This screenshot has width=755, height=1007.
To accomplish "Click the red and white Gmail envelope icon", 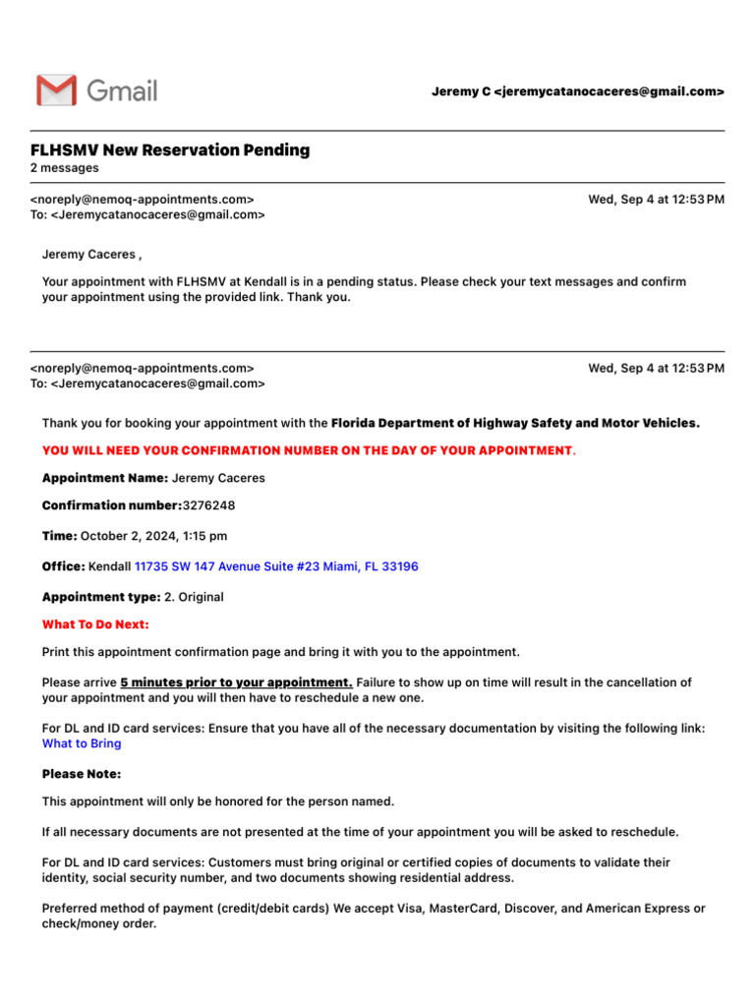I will [x=56, y=90].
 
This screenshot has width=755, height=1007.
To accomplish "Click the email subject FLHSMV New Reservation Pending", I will [x=170, y=150].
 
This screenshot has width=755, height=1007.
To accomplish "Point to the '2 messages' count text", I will [x=65, y=168].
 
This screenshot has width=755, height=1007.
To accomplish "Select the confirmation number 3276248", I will [x=208, y=505].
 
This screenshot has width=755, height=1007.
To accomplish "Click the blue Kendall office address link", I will [x=276, y=567].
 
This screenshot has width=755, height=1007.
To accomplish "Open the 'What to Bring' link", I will [x=82, y=743].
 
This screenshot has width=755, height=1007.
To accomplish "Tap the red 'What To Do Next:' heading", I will [x=95, y=624].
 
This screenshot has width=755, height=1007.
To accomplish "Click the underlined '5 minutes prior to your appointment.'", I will [x=236, y=682].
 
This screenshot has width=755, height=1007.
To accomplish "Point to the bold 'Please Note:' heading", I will [x=82, y=774].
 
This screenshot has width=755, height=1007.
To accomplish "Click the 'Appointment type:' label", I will [x=100, y=597].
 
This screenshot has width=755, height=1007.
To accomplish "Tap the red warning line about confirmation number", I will [x=307, y=450].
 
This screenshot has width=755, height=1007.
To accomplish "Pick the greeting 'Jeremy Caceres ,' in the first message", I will [x=91, y=255].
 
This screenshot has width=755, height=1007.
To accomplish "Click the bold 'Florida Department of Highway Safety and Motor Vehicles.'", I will [x=515, y=423].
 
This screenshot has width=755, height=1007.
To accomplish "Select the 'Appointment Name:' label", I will [x=104, y=478].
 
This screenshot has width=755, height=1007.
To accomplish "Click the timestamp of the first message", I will [x=656, y=200].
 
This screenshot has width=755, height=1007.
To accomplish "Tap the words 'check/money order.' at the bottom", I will [x=98, y=924].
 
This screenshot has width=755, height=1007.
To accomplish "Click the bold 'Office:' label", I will [x=63, y=567].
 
